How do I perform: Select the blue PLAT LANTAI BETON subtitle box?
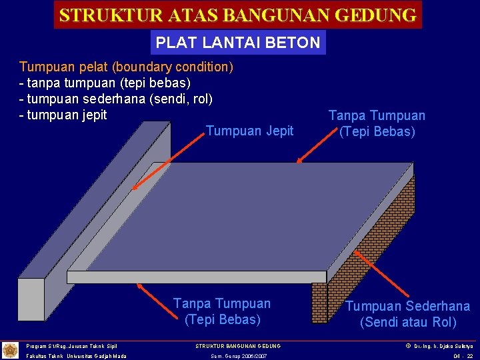(x=238, y=43)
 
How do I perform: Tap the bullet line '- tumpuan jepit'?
(x=63, y=115)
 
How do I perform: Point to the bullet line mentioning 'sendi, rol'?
(x=116, y=99)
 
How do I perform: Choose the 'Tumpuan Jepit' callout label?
(x=249, y=131)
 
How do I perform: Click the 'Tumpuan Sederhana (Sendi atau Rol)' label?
(x=407, y=314)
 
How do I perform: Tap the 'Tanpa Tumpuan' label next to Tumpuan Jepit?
(x=377, y=123)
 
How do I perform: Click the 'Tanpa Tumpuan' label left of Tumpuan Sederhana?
(x=222, y=311)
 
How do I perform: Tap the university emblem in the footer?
(x=11, y=350)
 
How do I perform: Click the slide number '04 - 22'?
(x=463, y=356)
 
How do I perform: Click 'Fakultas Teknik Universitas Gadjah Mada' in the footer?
(x=77, y=356)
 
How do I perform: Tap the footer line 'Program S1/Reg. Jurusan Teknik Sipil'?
(x=71, y=346)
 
